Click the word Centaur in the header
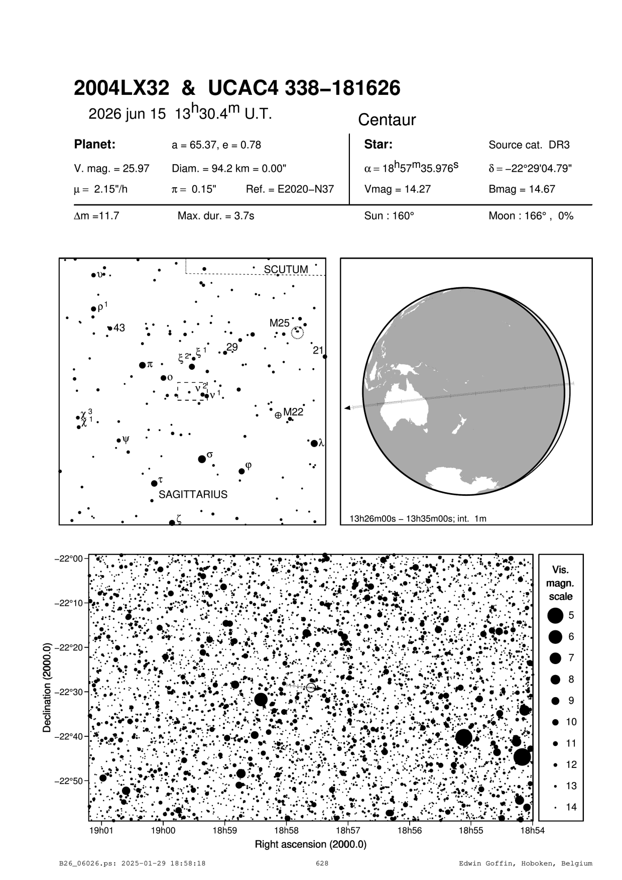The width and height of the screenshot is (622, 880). coord(387,120)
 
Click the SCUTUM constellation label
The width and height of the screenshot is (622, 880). coord(286,270)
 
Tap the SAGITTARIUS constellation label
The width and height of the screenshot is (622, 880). coord(193,495)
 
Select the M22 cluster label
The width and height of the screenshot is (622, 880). coord(293,412)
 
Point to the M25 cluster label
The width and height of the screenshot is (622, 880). coord(279,323)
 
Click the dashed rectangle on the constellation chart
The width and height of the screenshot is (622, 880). coord(192,391)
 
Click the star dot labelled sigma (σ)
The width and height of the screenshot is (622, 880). coord(202,459)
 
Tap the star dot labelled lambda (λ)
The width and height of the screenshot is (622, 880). coord(314,443)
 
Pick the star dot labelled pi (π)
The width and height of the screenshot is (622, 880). coord(142,365)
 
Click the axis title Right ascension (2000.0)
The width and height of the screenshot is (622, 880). coord(310,844)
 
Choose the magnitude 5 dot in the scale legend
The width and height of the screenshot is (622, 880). coord(555,615)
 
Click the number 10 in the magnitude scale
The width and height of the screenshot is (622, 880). coord(571,722)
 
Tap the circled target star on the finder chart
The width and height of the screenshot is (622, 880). coord(311,688)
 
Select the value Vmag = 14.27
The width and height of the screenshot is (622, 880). coord(397,189)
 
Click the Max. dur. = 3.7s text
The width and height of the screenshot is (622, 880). coord(216,216)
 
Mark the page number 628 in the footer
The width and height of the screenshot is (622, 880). coord(322,863)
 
